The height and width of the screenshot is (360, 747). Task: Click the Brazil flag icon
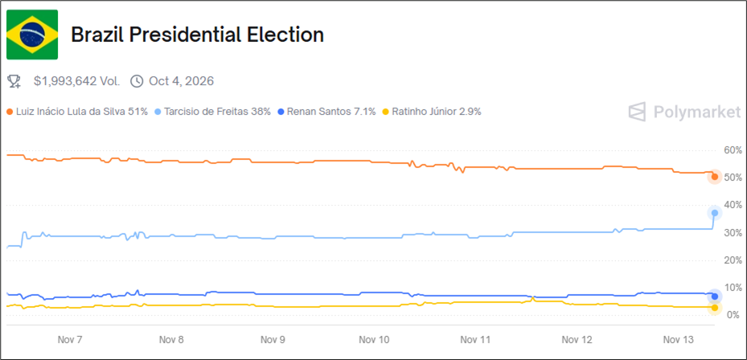coord(32,35)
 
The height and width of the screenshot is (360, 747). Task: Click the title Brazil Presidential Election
coord(197,35)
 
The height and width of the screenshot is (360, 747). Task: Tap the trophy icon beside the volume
coord(14,81)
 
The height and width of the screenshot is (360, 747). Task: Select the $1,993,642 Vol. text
coord(77,81)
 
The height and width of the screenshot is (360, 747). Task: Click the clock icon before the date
coord(136,81)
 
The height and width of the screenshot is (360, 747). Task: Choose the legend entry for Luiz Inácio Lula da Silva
coord(77,112)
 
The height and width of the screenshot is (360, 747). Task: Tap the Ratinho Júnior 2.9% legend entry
coord(431,112)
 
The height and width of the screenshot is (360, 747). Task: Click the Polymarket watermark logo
coord(684,112)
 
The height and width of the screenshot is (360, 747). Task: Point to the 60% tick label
coord(733,150)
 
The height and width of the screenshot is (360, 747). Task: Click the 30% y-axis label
coord(733,233)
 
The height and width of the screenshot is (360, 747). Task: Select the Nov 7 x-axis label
coord(70,340)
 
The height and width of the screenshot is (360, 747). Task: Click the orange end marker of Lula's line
coord(714,177)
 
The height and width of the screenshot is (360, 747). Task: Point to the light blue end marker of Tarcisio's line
coord(714,213)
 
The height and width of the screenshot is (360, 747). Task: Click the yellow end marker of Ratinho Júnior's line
coord(714,307)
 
